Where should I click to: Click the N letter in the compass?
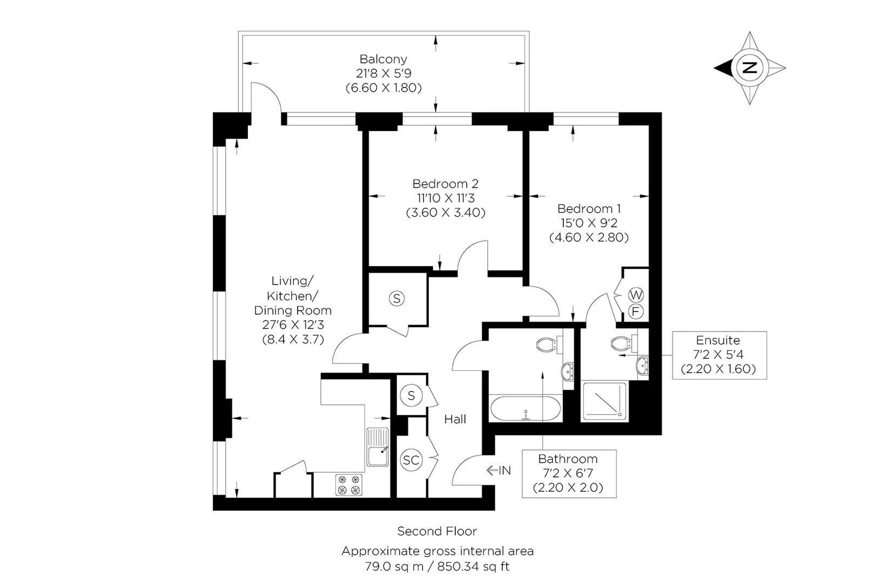749,67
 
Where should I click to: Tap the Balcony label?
383,59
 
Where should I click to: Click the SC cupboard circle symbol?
412,460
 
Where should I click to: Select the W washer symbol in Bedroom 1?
636,295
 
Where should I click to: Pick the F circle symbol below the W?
636,311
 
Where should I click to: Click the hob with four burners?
348,485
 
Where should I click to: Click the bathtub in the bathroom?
526,409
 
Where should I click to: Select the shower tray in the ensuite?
604,402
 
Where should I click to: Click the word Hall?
455,419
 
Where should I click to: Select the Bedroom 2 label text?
445,184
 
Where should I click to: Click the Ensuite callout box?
719,355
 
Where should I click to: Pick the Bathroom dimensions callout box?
568,473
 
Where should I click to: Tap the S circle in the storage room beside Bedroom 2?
397,298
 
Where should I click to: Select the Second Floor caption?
437,531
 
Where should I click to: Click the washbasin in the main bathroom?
568,372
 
